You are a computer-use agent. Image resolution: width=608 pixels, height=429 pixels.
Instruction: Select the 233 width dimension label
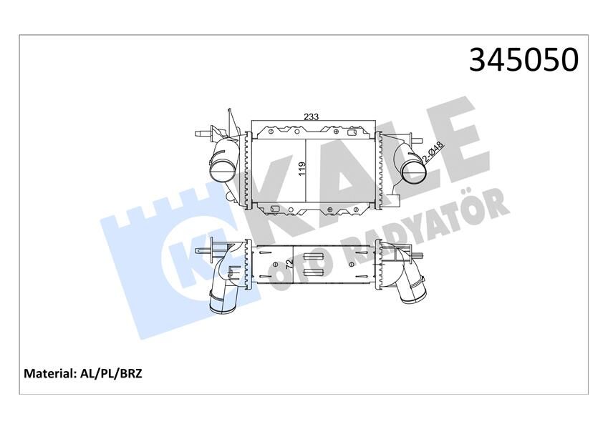(311, 116)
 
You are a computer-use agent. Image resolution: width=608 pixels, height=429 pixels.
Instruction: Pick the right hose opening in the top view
(413, 170)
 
